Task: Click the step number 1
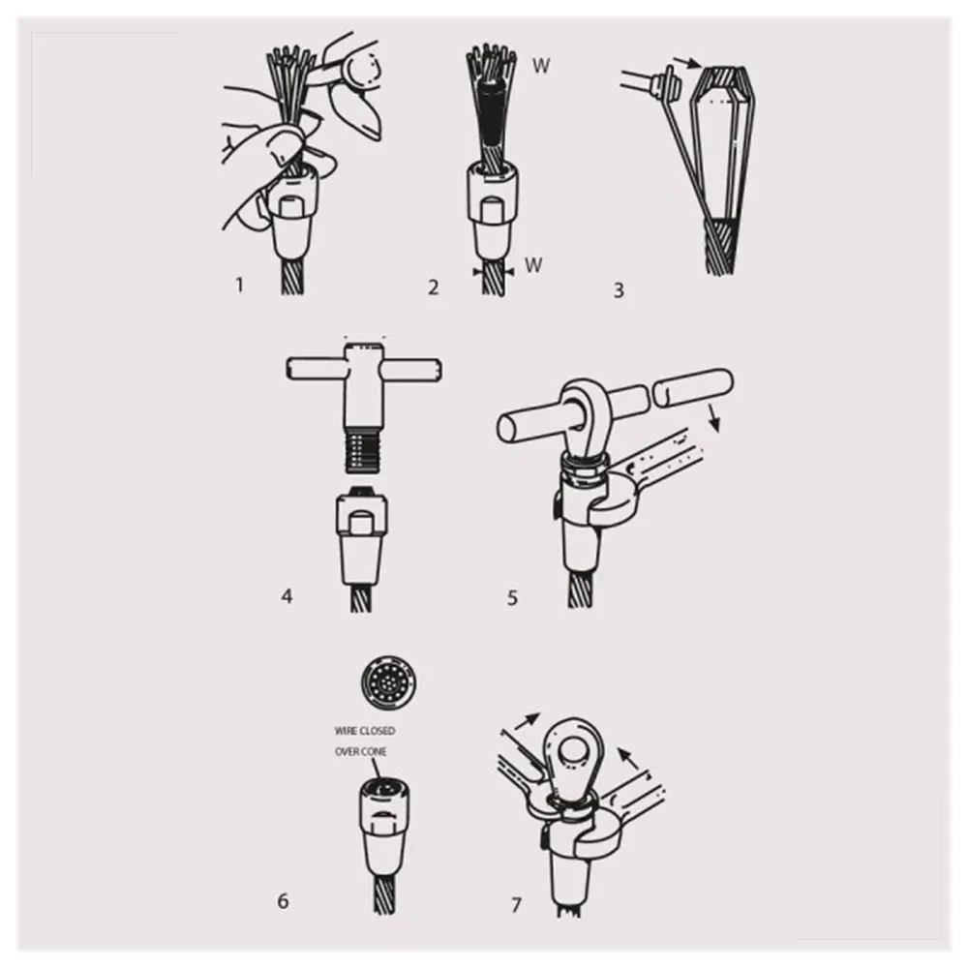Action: [x=239, y=285]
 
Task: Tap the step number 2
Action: [x=434, y=287]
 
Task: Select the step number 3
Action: [x=619, y=289]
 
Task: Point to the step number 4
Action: [x=287, y=595]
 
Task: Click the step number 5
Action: [x=512, y=597]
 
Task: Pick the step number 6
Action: [x=283, y=900]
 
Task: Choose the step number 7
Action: [x=516, y=905]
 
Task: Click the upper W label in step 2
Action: [x=541, y=66]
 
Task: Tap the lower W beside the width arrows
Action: [x=533, y=265]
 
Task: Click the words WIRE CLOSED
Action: [x=365, y=731]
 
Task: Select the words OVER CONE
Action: [x=360, y=751]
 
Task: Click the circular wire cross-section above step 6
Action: [x=388, y=683]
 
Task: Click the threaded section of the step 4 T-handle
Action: [x=361, y=452]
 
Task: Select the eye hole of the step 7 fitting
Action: [x=572, y=752]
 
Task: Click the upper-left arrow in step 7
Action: [x=528, y=720]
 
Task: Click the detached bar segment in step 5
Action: [x=691, y=388]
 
